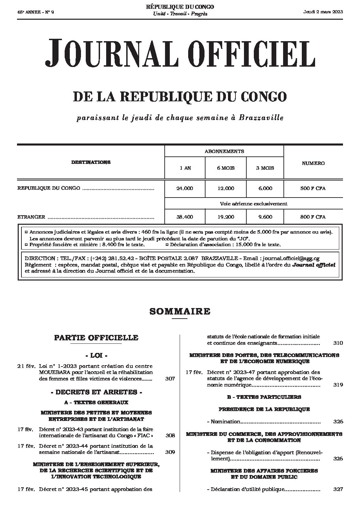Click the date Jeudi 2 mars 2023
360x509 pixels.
323,12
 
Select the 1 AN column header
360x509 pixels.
185,168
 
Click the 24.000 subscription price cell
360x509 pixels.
185,188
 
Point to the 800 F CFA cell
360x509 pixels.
313,217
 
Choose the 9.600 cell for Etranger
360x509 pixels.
265,217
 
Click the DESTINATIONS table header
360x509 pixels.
91,162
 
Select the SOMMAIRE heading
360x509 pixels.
180,311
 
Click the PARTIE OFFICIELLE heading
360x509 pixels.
96,338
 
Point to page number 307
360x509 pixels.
170,378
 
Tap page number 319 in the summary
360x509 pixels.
338,385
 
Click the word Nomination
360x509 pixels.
225,422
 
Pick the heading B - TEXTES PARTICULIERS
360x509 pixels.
264,397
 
